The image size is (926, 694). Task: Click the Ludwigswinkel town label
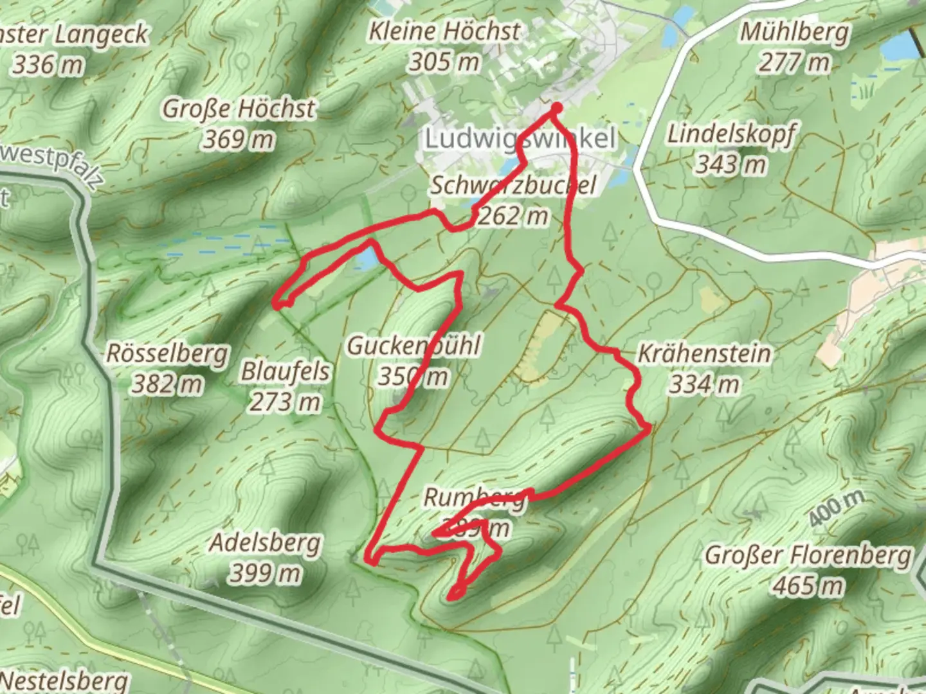pos(520,138)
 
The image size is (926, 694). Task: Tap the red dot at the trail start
pos(556,109)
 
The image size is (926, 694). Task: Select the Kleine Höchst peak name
pos(444,31)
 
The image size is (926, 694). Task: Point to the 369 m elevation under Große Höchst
pos(239,139)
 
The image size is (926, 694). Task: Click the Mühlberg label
pos(794,31)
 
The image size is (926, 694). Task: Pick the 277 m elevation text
pos(794,63)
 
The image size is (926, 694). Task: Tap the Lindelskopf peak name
pos(731,134)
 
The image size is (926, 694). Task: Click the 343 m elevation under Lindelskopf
pos(731,165)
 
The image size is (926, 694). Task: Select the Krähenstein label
pos(704,353)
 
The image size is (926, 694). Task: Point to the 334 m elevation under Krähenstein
pos(704,384)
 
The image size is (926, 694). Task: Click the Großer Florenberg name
pos(808,555)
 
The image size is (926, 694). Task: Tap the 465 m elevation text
pos(808,585)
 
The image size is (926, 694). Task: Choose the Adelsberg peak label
pos(265,543)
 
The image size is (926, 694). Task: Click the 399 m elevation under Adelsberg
pos(265,573)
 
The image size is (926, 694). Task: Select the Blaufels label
pos(285,371)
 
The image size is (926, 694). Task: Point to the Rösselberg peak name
pos(167,353)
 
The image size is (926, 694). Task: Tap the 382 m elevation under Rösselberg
pos(167,384)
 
